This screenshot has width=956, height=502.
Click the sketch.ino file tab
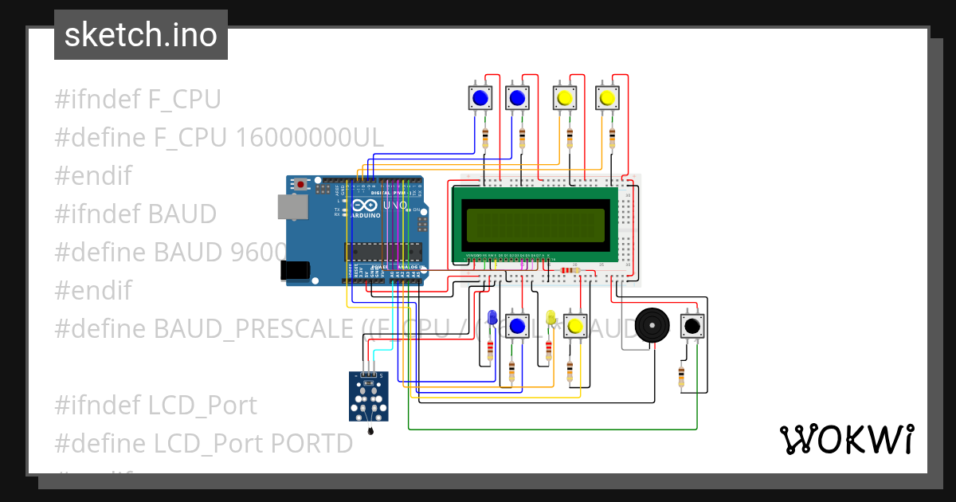coord(140,35)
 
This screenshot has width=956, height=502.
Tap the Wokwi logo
coord(845,439)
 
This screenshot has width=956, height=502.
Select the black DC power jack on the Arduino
coord(296,270)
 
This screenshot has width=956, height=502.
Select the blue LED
coord(492,317)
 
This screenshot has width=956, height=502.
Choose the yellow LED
coord(550,318)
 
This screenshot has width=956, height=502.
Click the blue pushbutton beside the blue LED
coord(517,326)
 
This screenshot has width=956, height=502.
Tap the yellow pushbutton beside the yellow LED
coord(575,326)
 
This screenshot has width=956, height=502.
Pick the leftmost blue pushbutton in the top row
coord(480,98)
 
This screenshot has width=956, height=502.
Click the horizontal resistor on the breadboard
coord(570,270)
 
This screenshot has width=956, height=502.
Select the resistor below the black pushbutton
coord(682,376)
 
